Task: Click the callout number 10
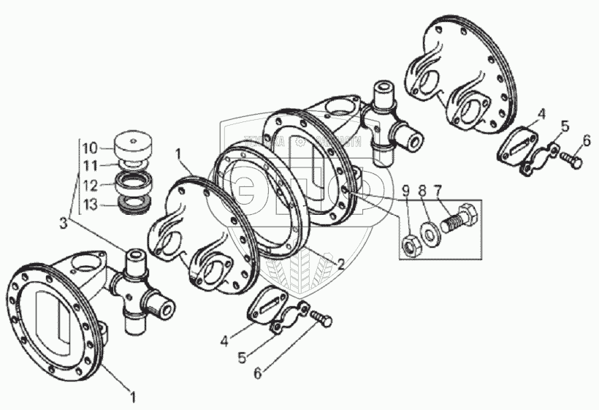pyautogui.click(x=88, y=145)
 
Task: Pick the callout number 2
pyautogui.click(x=340, y=266)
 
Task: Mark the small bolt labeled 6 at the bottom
pyautogui.click(x=322, y=319)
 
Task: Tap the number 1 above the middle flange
pyautogui.click(x=178, y=154)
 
